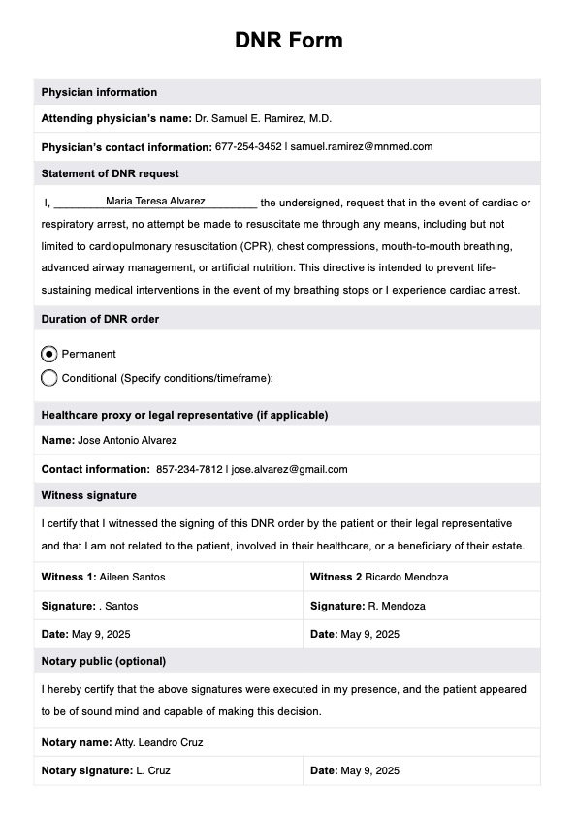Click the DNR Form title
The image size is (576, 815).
[x=288, y=40]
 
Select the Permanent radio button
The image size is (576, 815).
[x=49, y=354]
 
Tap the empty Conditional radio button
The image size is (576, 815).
[x=49, y=378]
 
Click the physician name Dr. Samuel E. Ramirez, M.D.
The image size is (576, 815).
[x=263, y=118]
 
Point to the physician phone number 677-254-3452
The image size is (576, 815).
[x=248, y=146]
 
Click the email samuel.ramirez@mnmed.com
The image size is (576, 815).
[x=361, y=146]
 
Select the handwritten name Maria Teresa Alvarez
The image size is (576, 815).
[x=155, y=201]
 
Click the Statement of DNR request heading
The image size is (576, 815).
[x=110, y=173]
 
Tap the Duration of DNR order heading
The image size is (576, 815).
[x=100, y=319]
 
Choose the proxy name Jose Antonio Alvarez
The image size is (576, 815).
[x=127, y=440]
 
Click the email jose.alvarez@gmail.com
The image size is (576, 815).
[x=289, y=469]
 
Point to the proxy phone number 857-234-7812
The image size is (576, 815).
[x=189, y=469]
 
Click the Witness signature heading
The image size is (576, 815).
[x=88, y=494]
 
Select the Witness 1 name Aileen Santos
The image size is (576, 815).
[x=132, y=577]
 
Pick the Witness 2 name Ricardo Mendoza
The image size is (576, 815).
[x=407, y=577]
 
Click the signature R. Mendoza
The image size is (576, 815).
[x=396, y=606]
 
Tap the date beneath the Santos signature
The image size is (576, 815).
[x=101, y=634]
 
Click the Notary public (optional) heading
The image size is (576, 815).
[x=103, y=661]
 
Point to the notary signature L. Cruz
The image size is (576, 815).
[x=153, y=770]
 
